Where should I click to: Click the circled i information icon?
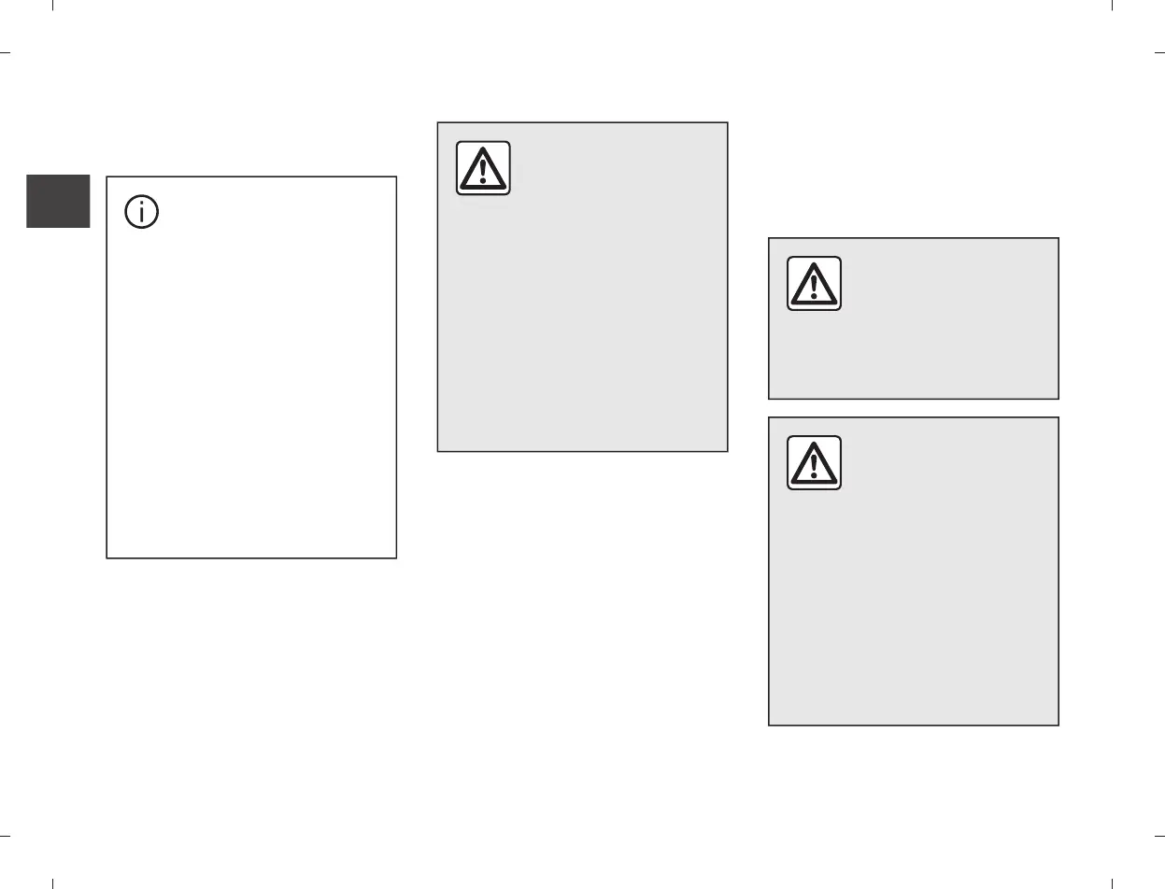click(x=142, y=212)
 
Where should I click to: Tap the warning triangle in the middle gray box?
click(x=483, y=168)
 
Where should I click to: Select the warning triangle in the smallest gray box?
click(x=814, y=283)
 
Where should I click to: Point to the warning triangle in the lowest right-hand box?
click(x=814, y=462)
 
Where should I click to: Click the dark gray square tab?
click(x=58, y=201)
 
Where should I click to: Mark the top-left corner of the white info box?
click(x=107, y=176)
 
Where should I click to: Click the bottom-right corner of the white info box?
click(x=397, y=558)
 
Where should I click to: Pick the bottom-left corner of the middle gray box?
click(x=438, y=452)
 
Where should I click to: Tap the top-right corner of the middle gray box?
click(x=728, y=122)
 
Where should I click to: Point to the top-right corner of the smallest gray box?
click(x=1058, y=238)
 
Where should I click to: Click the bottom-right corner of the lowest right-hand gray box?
click(x=1058, y=726)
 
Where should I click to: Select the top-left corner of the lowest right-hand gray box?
click(x=769, y=417)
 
